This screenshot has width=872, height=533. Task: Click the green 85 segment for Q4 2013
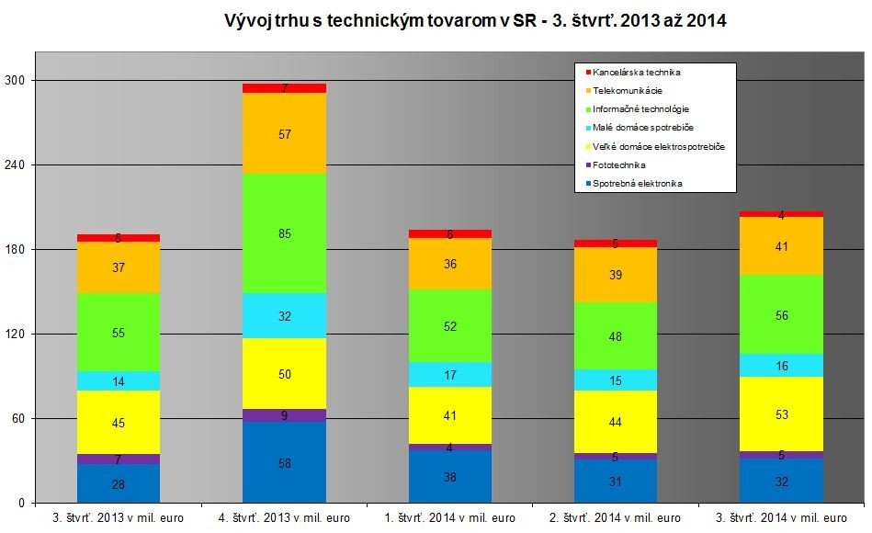click(x=284, y=233)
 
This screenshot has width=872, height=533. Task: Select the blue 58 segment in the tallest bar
click(x=284, y=462)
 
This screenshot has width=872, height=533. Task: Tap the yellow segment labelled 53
click(x=780, y=414)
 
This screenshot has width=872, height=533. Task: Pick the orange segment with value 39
click(x=615, y=275)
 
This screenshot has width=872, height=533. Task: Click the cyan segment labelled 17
click(x=449, y=375)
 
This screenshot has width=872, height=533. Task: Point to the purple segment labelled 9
click(x=284, y=415)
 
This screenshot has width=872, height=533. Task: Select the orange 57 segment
click(x=284, y=133)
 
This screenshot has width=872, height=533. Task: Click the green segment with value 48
click(x=615, y=336)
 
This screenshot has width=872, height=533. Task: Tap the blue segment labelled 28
click(x=119, y=483)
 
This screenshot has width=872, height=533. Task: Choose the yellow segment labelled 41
click(x=449, y=415)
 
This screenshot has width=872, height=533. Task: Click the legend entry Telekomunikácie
click(x=628, y=90)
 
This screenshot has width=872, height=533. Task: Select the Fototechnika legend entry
click(x=620, y=165)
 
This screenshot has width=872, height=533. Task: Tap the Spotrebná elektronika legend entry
click(x=637, y=184)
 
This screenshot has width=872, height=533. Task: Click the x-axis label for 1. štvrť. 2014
click(x=449, y=517)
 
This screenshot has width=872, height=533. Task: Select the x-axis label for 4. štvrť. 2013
click(x=284, y=517)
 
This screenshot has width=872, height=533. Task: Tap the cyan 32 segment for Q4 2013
click(x=284, y=315)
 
